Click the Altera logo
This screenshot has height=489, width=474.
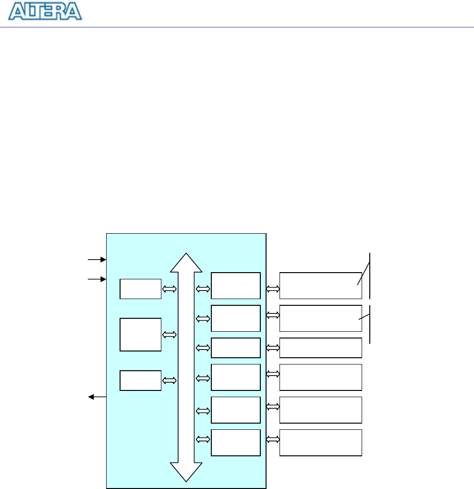pos(46,12)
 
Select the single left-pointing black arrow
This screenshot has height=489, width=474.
pos(97,397)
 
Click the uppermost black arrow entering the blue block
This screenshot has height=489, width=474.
pos(97,260)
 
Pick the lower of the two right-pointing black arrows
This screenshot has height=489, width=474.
pos(97,278)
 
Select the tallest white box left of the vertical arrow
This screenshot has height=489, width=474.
pos(140,334)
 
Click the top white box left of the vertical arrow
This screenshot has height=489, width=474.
pos(140,288)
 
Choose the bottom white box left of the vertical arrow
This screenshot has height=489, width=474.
pos(140,380)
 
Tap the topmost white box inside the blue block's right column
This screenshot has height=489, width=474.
pos(235,285)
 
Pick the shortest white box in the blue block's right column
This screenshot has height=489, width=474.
pos(235,348)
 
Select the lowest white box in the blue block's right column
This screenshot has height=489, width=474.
pos(235,442)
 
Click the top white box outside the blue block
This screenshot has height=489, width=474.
pos(320,285)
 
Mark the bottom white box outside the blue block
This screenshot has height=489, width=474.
pos(320,442)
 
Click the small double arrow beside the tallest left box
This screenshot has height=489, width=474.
pos(170,334)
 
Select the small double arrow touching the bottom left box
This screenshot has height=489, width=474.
pos(170,380)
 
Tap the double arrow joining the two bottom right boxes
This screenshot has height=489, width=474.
pos(272,439)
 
